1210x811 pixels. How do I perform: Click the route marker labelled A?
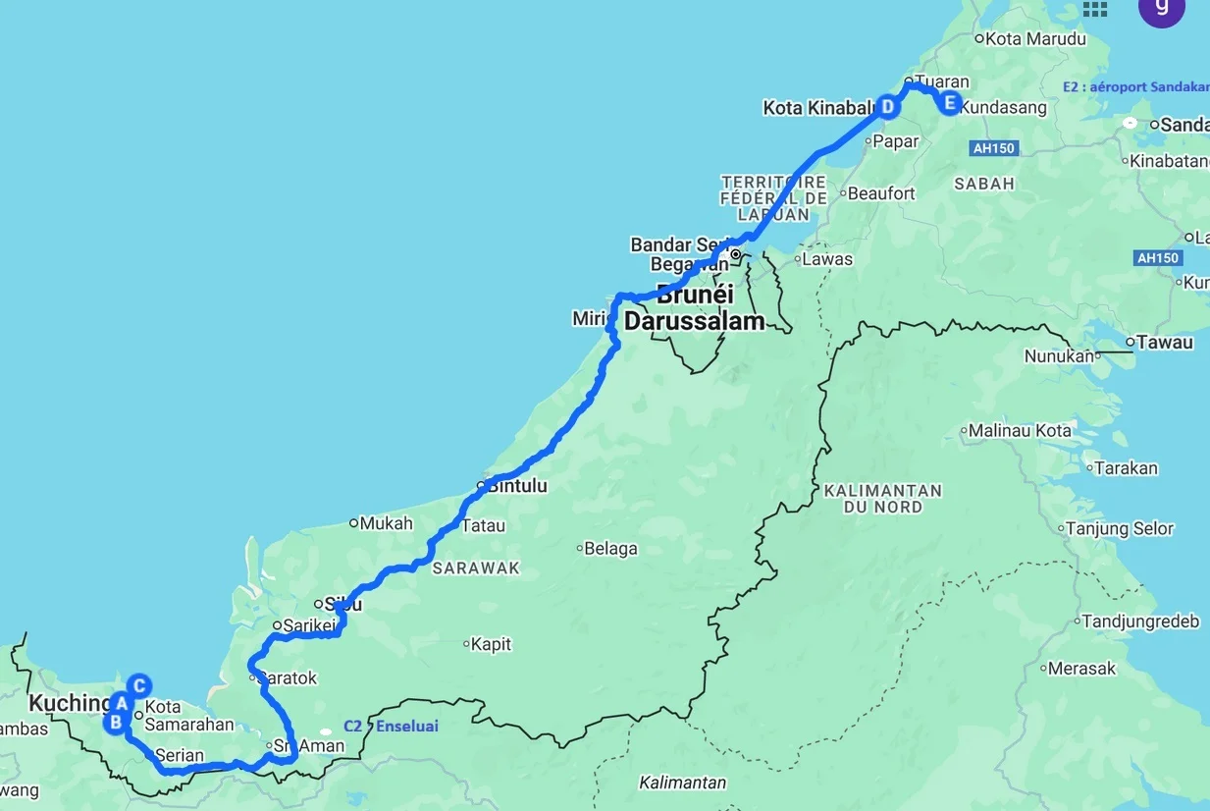(x=121, y=702)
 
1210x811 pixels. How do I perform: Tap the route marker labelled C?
(x=140, y=685)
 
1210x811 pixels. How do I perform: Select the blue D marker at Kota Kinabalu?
(x=887, y=107)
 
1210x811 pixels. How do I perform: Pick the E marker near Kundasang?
(x=949, y=103)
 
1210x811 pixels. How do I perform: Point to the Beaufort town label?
(x=880, y=193)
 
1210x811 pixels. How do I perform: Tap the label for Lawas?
(x=826, y=260)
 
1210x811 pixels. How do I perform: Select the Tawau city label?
(x=1165, y=343)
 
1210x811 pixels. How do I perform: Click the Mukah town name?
(x=386, y=523)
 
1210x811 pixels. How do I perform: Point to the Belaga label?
(x=610, y=549)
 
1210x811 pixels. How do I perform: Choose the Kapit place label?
(x=491, y=645)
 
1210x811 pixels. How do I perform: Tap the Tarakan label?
(x=1126, y=468)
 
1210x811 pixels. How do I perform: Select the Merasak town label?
(x=1081, y=669)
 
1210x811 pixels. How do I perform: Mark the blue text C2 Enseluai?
(x=391, y=727)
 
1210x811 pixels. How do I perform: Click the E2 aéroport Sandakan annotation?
(x=1135, y=86)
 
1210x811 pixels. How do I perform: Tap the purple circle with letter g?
(x=1161, y=6)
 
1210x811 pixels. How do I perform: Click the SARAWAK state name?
(x=476, y=568)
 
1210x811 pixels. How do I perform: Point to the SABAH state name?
(x=983, y=184)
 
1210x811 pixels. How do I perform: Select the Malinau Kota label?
(x=1020, y=431)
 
